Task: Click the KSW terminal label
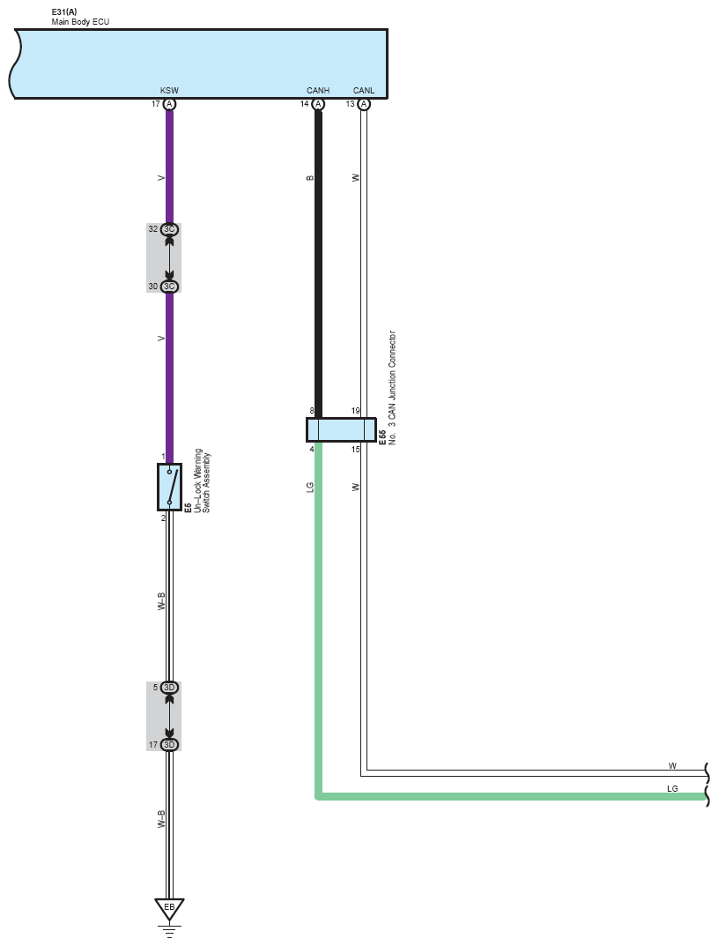(169, 91)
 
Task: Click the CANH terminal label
(318, 91)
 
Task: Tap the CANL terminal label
(364, 91)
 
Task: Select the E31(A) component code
(64, 12)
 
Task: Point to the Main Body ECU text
(80, 22)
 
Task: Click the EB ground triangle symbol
(169, 909)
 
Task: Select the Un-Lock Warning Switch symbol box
(169, 487)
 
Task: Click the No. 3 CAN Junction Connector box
(341, 429)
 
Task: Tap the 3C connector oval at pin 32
(169, 229)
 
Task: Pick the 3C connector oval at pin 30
(169, 286)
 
